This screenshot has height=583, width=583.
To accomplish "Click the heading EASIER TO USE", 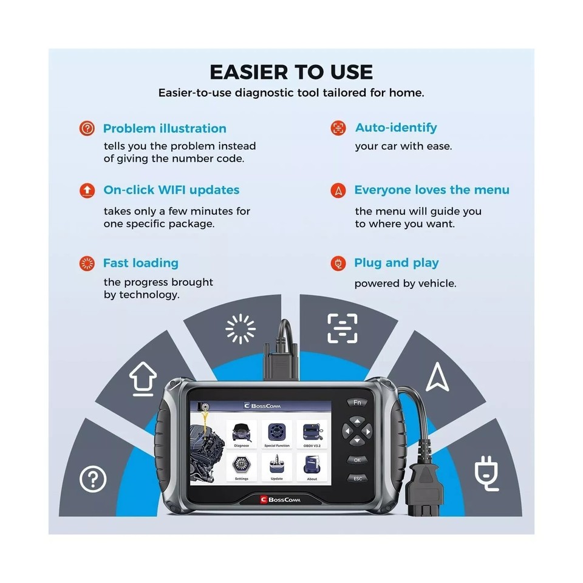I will (291, 72).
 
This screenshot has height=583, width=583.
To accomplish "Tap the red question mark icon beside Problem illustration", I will (87, 128).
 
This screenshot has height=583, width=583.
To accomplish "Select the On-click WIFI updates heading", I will (171, 190).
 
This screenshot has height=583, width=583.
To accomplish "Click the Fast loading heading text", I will (140, 263).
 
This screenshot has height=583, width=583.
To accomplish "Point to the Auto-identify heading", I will (395, 128).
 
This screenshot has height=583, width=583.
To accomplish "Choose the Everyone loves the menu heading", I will (431, 190).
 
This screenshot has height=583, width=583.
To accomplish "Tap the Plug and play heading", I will (396, 263).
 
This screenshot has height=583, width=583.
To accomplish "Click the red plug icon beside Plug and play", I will (338, 263).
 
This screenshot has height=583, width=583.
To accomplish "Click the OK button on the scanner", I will (357, 460).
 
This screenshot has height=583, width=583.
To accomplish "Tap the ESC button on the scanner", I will (357, 479).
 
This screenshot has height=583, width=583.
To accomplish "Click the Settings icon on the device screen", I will (241, 466).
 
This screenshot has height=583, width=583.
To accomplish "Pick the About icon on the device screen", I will (312, 466).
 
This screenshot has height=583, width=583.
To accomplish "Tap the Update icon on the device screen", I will (276, 466).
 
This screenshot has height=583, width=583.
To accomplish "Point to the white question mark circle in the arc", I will (93, 480).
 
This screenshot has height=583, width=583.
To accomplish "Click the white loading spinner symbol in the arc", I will (240, 329).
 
